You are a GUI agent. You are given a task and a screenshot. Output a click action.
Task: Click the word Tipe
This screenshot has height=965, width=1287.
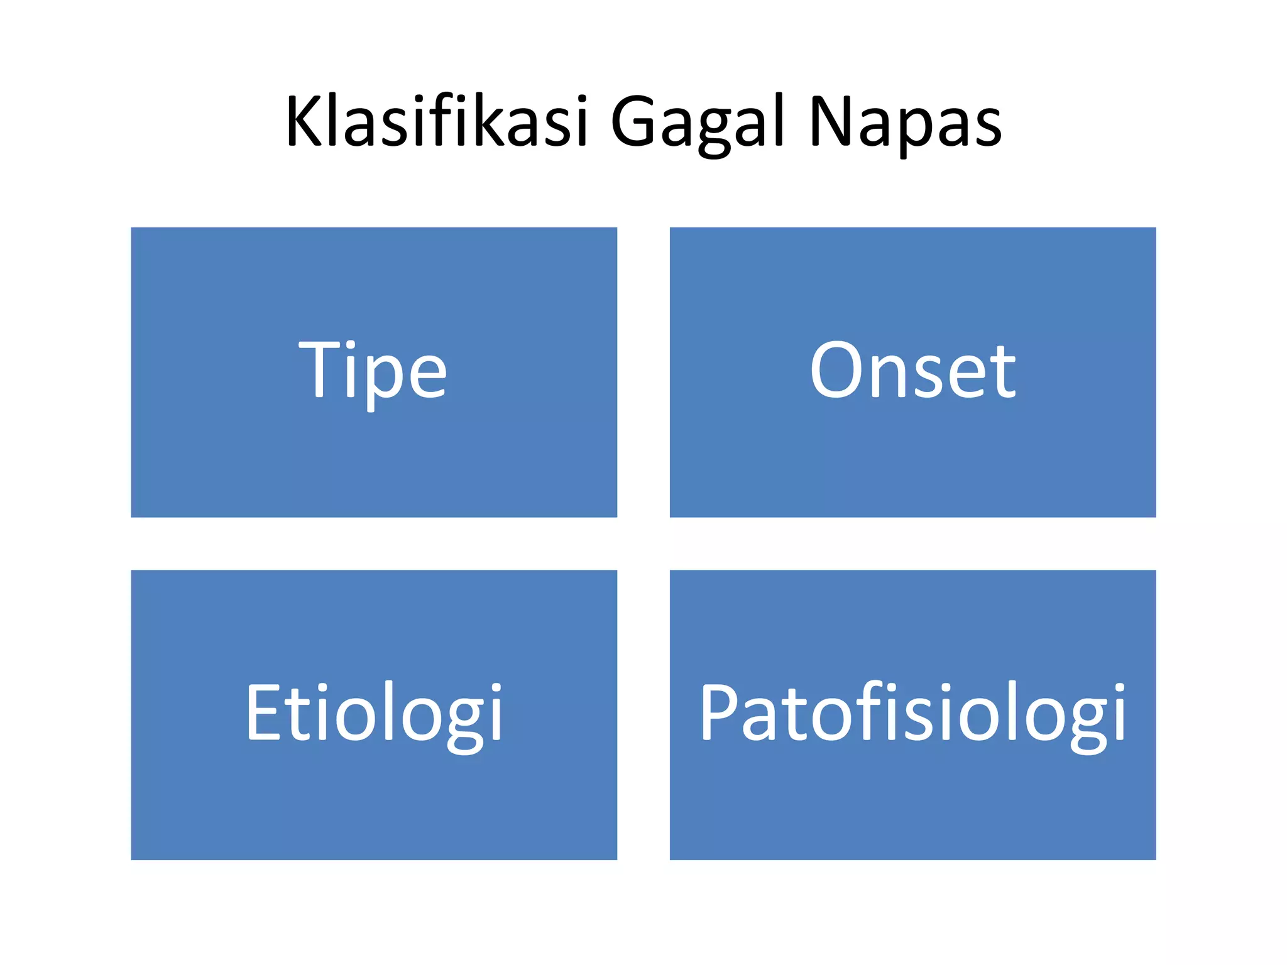(373, 371)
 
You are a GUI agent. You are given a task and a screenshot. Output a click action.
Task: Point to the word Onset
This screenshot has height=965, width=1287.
(912, 371)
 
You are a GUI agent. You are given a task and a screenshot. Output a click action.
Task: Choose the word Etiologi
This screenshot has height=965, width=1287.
(374, 713)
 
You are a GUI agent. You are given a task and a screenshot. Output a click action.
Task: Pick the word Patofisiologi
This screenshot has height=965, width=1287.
(912, 713)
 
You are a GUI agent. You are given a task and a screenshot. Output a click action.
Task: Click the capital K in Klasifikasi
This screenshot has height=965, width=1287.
(306, 121)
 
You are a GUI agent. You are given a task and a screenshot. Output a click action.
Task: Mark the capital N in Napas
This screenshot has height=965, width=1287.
(831, 121)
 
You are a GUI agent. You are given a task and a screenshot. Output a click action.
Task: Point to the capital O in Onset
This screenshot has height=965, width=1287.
(836, 371)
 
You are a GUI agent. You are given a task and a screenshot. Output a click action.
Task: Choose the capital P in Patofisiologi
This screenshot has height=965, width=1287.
(718, 712)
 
